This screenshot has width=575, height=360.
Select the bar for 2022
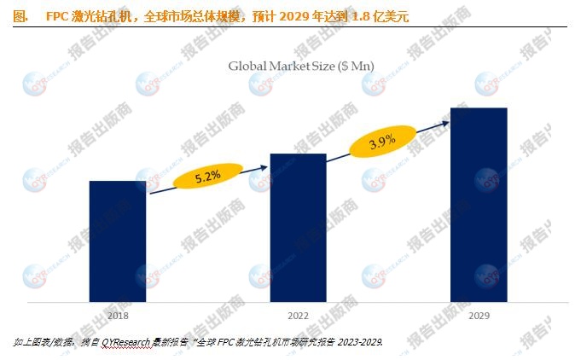tap(298, 228)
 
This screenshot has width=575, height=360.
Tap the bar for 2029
tap(478, 205)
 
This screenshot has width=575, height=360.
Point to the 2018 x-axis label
tap(118, 316)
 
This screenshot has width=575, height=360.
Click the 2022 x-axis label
tap(298, 316)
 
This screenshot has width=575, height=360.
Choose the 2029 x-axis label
tap(478, 316)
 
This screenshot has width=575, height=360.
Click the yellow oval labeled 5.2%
tap(208, 176)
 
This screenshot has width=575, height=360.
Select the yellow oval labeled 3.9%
tap(381, 142)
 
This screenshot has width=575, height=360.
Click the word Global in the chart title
tap(248, 66)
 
